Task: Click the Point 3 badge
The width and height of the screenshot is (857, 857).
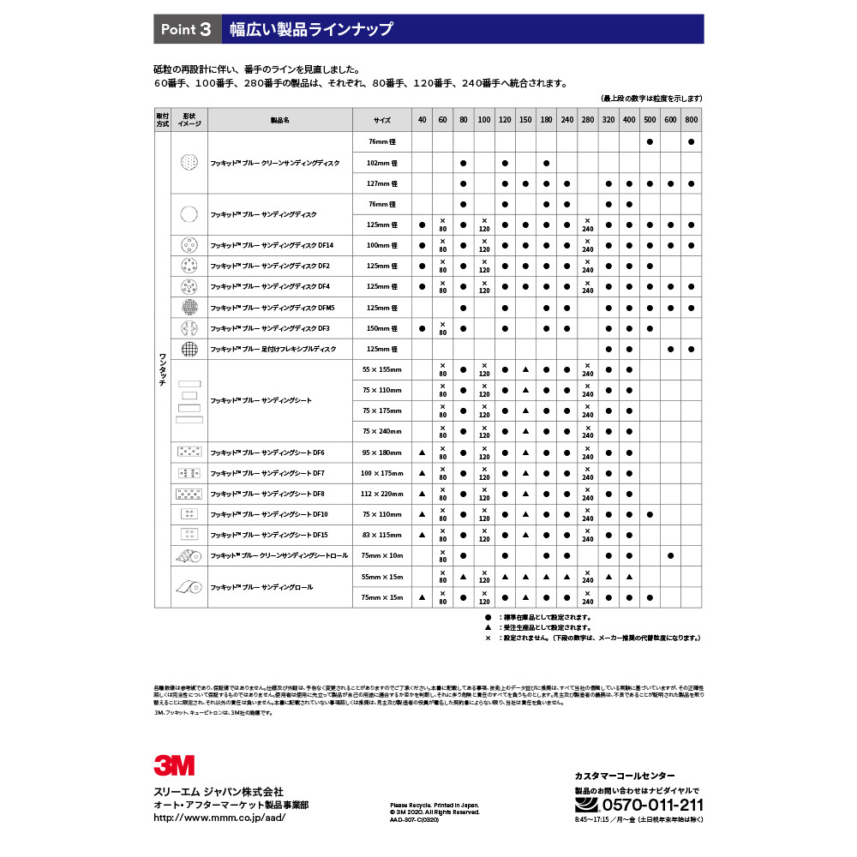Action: click(187, 29)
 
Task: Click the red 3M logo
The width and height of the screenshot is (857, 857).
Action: click(174, 764)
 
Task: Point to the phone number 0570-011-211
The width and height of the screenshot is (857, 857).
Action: click(652, 805)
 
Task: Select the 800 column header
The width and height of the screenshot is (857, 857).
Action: click(691, 120)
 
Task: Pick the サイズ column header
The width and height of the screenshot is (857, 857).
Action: click(382, 120)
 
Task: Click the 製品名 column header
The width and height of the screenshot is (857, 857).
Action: click(280, 120)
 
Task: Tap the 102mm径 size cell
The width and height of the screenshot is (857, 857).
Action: click(379, 162)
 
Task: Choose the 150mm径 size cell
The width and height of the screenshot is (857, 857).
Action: click(379, 328)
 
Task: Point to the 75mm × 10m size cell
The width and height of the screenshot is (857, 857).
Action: click(379, 556)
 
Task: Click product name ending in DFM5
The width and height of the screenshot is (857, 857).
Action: click(273, 308)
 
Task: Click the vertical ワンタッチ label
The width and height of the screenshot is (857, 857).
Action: click(163, 369)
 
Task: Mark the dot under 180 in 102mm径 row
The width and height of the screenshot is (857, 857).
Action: click(546, 162)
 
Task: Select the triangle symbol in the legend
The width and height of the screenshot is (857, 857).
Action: click(488, 627)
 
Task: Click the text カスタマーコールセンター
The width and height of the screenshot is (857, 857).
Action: click(625, 775)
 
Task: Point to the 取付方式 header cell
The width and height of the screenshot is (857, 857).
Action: click(163, 120)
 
